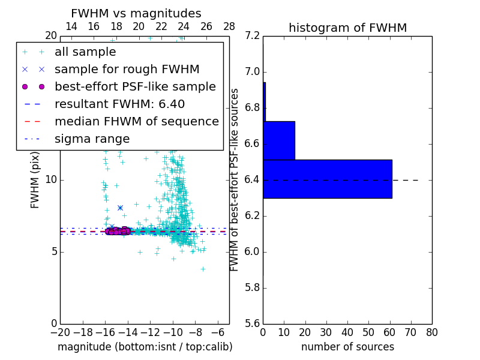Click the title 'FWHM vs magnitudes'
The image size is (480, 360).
(136, 13)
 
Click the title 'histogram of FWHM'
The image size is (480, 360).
(347, 28)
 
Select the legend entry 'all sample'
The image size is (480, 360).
(85, 52)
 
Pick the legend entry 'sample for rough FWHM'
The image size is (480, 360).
(127, 70)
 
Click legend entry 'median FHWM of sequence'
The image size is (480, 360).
(136, 122)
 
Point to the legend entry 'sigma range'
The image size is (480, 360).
(92, 139)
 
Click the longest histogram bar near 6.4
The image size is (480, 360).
(328, 179)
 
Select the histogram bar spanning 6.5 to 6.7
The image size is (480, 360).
(279, 140)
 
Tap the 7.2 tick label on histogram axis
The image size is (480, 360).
(253, 36)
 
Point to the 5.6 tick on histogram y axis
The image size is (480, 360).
(253, 323)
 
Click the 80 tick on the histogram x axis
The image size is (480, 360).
(431, 332)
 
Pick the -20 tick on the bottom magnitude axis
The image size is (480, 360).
(60, 332)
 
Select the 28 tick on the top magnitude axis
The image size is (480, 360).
(229, 26)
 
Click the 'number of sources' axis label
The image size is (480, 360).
(347, 347)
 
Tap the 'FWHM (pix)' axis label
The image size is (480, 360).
(35, 180)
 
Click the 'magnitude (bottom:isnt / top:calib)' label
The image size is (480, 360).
(145, 347)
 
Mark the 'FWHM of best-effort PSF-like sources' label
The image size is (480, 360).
(235, 180)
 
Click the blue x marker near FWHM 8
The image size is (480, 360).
(120, 208)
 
